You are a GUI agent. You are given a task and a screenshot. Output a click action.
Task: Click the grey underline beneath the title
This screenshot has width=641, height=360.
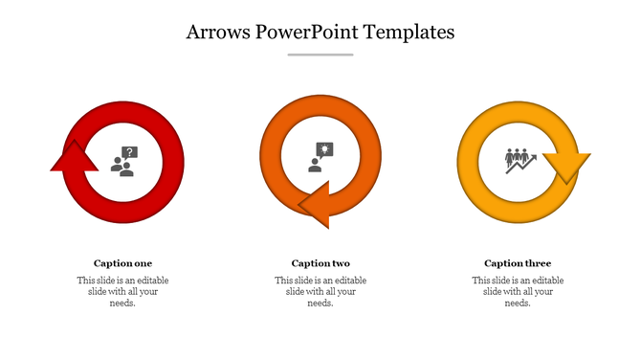[x=320, y=55]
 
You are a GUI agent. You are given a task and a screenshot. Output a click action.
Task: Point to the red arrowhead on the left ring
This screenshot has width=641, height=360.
[x=74, y=158]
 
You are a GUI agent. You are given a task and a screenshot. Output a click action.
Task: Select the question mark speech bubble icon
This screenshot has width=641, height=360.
[x=124, y=160]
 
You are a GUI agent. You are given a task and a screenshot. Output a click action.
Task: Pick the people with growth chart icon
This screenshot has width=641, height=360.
[x=519, y=159]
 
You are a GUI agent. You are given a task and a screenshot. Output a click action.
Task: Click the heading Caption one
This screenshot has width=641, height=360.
[x=122, y=263]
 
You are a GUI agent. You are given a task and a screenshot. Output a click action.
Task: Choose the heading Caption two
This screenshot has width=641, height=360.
[x=320, y=263]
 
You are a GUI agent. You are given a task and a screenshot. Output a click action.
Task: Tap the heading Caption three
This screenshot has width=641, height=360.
[x=518, y=263]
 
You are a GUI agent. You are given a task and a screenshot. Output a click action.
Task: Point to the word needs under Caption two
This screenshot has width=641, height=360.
[x=320, y=304]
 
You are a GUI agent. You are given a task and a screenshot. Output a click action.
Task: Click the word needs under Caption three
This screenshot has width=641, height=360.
[x=518, y=304]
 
